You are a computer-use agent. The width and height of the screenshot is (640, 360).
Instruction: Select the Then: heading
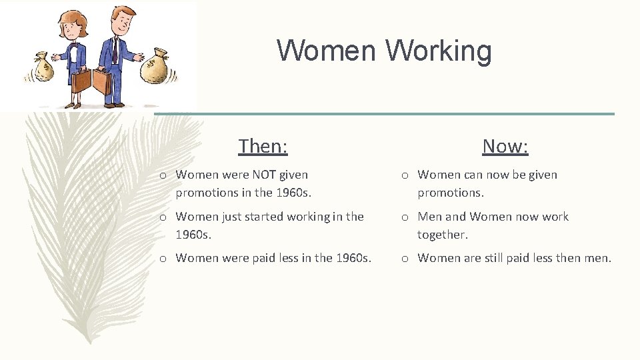pos(263,145)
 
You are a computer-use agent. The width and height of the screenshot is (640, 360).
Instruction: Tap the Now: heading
pos(505,145)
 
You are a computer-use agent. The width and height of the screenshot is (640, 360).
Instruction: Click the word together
pos(442,234)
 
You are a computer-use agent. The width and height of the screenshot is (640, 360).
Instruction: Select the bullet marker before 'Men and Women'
pos(405,217)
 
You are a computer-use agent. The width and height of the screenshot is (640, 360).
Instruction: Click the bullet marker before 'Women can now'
pos(405,175)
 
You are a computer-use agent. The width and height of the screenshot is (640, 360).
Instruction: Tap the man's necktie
pos(115,50)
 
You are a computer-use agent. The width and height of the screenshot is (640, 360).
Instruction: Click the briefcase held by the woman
pos(81,81)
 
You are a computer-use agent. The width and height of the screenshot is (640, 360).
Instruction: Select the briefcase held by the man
pos(103,81)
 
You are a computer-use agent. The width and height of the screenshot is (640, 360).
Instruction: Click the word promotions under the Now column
pos(449,192)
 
